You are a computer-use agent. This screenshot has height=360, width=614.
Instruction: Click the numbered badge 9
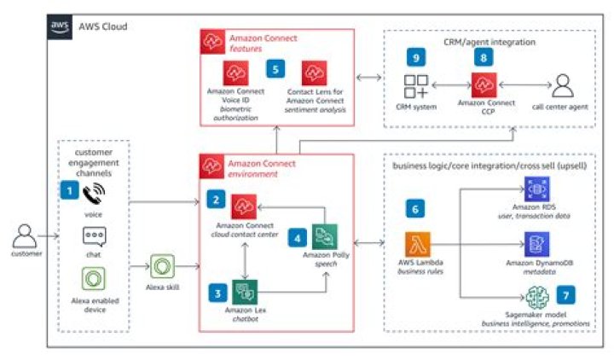[x=415, y=58]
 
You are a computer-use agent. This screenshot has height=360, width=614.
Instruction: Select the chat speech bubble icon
[x=94, y=237]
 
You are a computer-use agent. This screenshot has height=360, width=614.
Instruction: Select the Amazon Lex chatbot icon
[x=245, y=291]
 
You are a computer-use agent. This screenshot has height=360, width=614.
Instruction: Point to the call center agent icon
[x=562, y=86]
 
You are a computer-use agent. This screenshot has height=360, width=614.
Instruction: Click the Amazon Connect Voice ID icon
[x=235, y=72]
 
